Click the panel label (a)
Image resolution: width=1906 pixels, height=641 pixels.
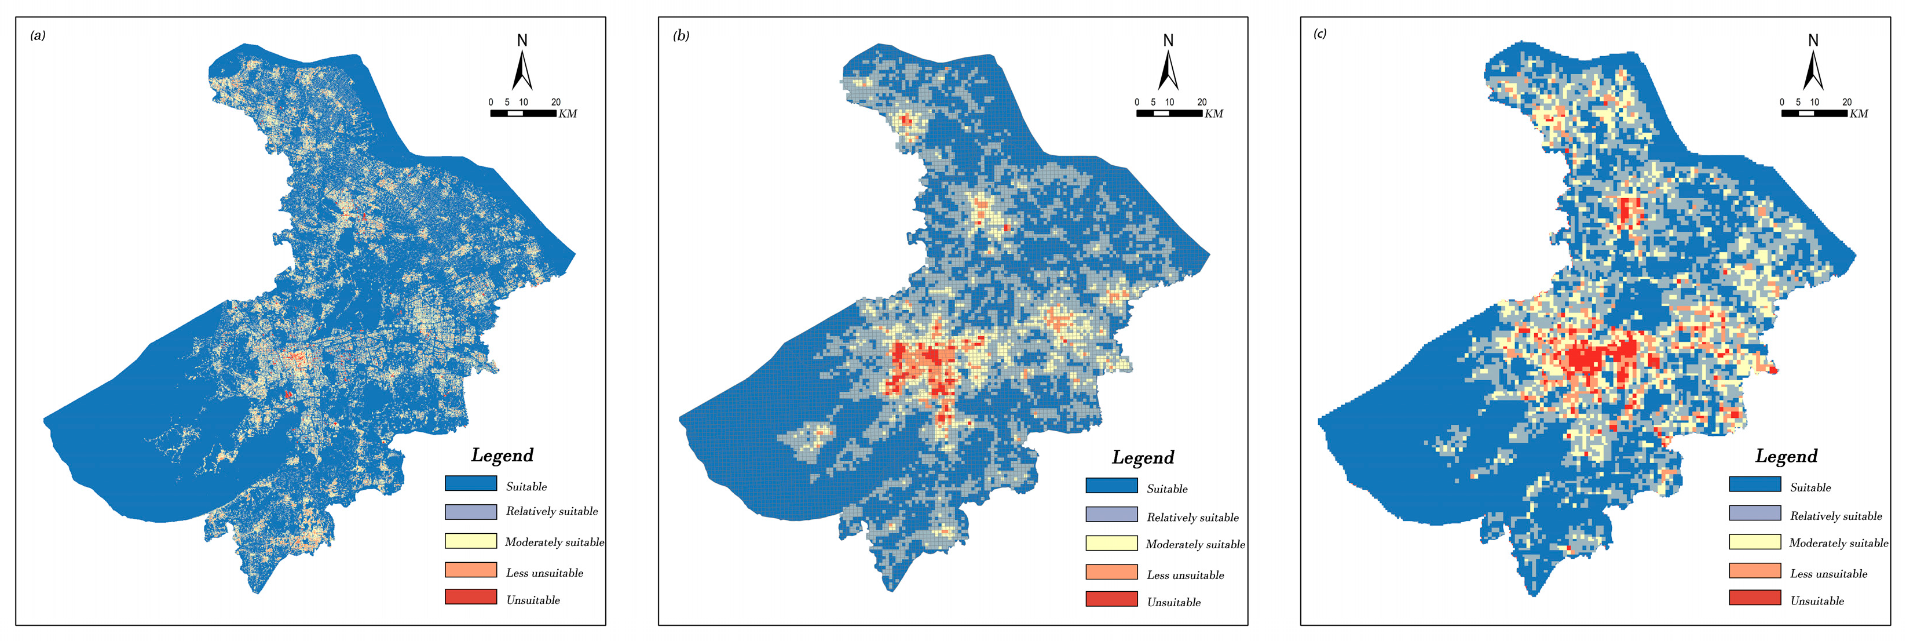(38, 35)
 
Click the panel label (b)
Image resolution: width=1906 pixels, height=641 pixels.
(681, 35)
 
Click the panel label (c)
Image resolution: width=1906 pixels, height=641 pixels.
(1320, 33)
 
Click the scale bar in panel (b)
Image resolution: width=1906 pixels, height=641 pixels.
(1169, 113)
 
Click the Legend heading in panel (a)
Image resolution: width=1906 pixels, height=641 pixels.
(502, 455)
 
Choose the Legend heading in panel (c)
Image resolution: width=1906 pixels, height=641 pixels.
(1786, 457)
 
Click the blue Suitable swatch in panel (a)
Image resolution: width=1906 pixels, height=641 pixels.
(471, 483)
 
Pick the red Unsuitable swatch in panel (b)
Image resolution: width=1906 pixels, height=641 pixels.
(1111, 599)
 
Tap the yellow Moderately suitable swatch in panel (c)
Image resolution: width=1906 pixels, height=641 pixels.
(1754, 542)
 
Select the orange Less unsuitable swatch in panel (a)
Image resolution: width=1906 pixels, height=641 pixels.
(471, 570)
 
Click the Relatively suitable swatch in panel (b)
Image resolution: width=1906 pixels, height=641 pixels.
(1111, 515)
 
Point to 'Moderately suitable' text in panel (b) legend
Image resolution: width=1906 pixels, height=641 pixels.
(1195, 545)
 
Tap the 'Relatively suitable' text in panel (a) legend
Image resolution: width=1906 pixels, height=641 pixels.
(551, 512)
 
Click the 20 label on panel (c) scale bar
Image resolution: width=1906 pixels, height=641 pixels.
(1847, 102)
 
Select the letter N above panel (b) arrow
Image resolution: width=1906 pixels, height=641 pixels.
(1168, 40)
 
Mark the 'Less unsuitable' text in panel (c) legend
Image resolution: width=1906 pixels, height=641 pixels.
(1828, 574)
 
